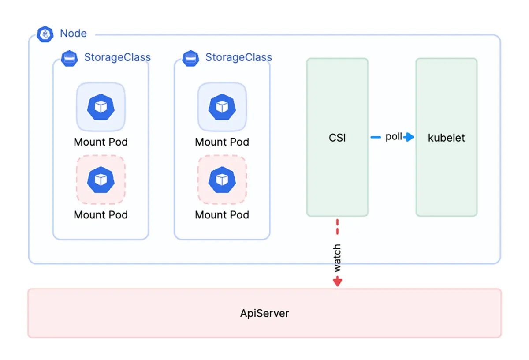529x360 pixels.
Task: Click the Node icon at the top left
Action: [x=45, y=34]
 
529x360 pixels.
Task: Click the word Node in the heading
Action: [x=73, y=34]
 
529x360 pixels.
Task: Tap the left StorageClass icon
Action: [x=70, y=58]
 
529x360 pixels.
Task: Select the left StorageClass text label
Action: [x=117, y=57]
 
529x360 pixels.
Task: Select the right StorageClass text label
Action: [x=238, y=57]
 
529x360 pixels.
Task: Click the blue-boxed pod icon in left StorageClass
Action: [x=101, y=107]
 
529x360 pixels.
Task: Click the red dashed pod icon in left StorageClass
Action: [x=101, y=179]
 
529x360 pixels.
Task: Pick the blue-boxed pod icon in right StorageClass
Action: [x=222, y=107]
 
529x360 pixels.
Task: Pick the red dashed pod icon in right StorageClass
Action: [x=222, y=179]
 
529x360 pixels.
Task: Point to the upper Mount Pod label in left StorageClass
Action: [x=101, y=142]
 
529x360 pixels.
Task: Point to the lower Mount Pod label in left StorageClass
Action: [x=101, y=215]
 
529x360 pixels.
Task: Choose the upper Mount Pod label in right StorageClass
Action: [x=222, y=142]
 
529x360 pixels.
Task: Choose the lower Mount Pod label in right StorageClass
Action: [x=222, y=215]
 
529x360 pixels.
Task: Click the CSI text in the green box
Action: [x=337, y=138]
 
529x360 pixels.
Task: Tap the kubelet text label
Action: [x=447, y=138]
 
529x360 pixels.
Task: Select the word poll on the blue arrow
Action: [x=394, y=137]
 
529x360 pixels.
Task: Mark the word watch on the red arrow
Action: [x=337, y=258]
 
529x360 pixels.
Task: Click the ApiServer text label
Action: [x=264, y=314]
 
